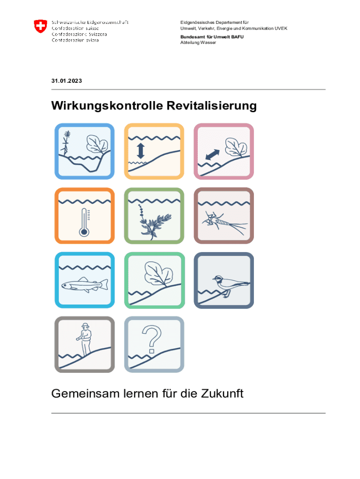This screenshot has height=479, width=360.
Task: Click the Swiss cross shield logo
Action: [40, 26]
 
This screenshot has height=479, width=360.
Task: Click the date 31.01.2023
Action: [66, 81]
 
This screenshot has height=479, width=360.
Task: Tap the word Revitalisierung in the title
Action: [212, 106]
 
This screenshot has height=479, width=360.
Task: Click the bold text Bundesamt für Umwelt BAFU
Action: [212, 37]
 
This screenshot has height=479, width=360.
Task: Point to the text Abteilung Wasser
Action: [198, 43]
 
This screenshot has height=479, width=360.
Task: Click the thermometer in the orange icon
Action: [84, 223]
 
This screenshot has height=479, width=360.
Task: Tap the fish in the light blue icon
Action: [85, 284]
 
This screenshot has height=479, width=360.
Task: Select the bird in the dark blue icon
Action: [230, 284]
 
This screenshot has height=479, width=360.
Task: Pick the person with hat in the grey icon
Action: [85, 339]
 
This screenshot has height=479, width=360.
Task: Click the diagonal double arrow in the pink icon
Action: [213, 154]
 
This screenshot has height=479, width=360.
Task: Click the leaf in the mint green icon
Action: [158, 274]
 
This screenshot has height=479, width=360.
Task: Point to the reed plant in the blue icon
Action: [66, 143]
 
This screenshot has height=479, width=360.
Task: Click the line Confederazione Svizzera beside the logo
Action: [79, 34]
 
